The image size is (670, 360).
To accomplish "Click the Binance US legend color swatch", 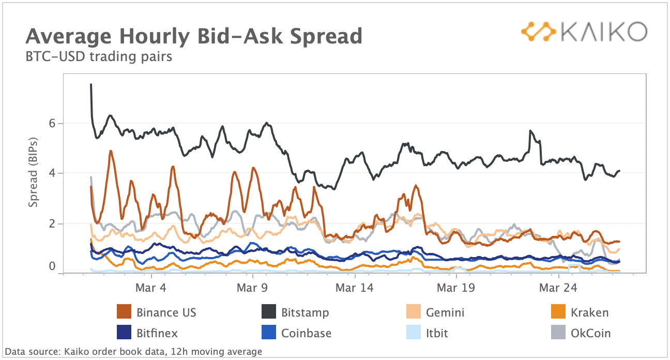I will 124,312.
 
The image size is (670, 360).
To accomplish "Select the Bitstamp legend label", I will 305,312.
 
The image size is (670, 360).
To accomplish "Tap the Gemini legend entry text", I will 445,312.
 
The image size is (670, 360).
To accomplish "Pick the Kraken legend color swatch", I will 558,312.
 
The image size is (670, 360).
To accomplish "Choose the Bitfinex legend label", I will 157,333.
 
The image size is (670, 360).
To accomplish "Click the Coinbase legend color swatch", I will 268,333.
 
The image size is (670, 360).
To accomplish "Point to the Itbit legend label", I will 437,333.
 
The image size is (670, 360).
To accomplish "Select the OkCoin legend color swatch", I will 558,333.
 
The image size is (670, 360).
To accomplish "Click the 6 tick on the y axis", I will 53,123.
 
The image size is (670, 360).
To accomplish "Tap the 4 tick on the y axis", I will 53,173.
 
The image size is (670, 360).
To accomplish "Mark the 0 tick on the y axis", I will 53,266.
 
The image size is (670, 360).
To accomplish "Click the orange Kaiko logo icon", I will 538,32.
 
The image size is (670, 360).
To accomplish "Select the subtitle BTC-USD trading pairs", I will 99,56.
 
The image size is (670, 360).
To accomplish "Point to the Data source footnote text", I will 133,352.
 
